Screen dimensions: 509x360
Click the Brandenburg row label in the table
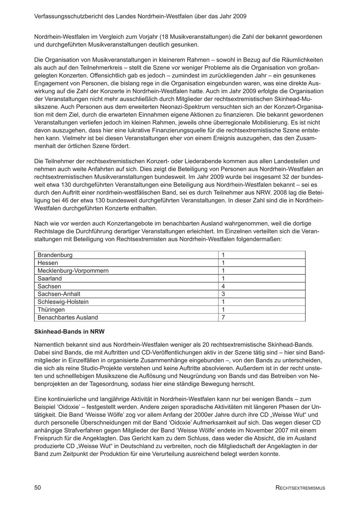[55, 255]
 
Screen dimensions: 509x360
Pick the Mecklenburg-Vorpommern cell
[73, 271]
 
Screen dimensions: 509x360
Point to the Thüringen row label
[51, 310]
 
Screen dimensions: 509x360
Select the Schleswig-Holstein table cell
[63, 302]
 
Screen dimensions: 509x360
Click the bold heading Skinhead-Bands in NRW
[70, 332]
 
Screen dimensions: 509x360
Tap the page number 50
[38, 487]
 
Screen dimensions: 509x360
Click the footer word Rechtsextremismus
[300, 488]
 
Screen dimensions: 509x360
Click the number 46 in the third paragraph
[70, 200]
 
